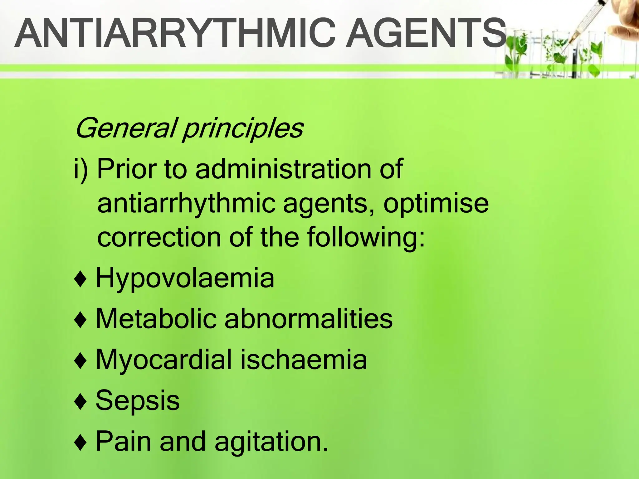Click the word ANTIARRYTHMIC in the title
[x=175, y=33]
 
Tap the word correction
[x=159, y=238]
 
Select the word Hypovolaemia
[x=185, y=278]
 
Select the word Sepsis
[x=138, y=401]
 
